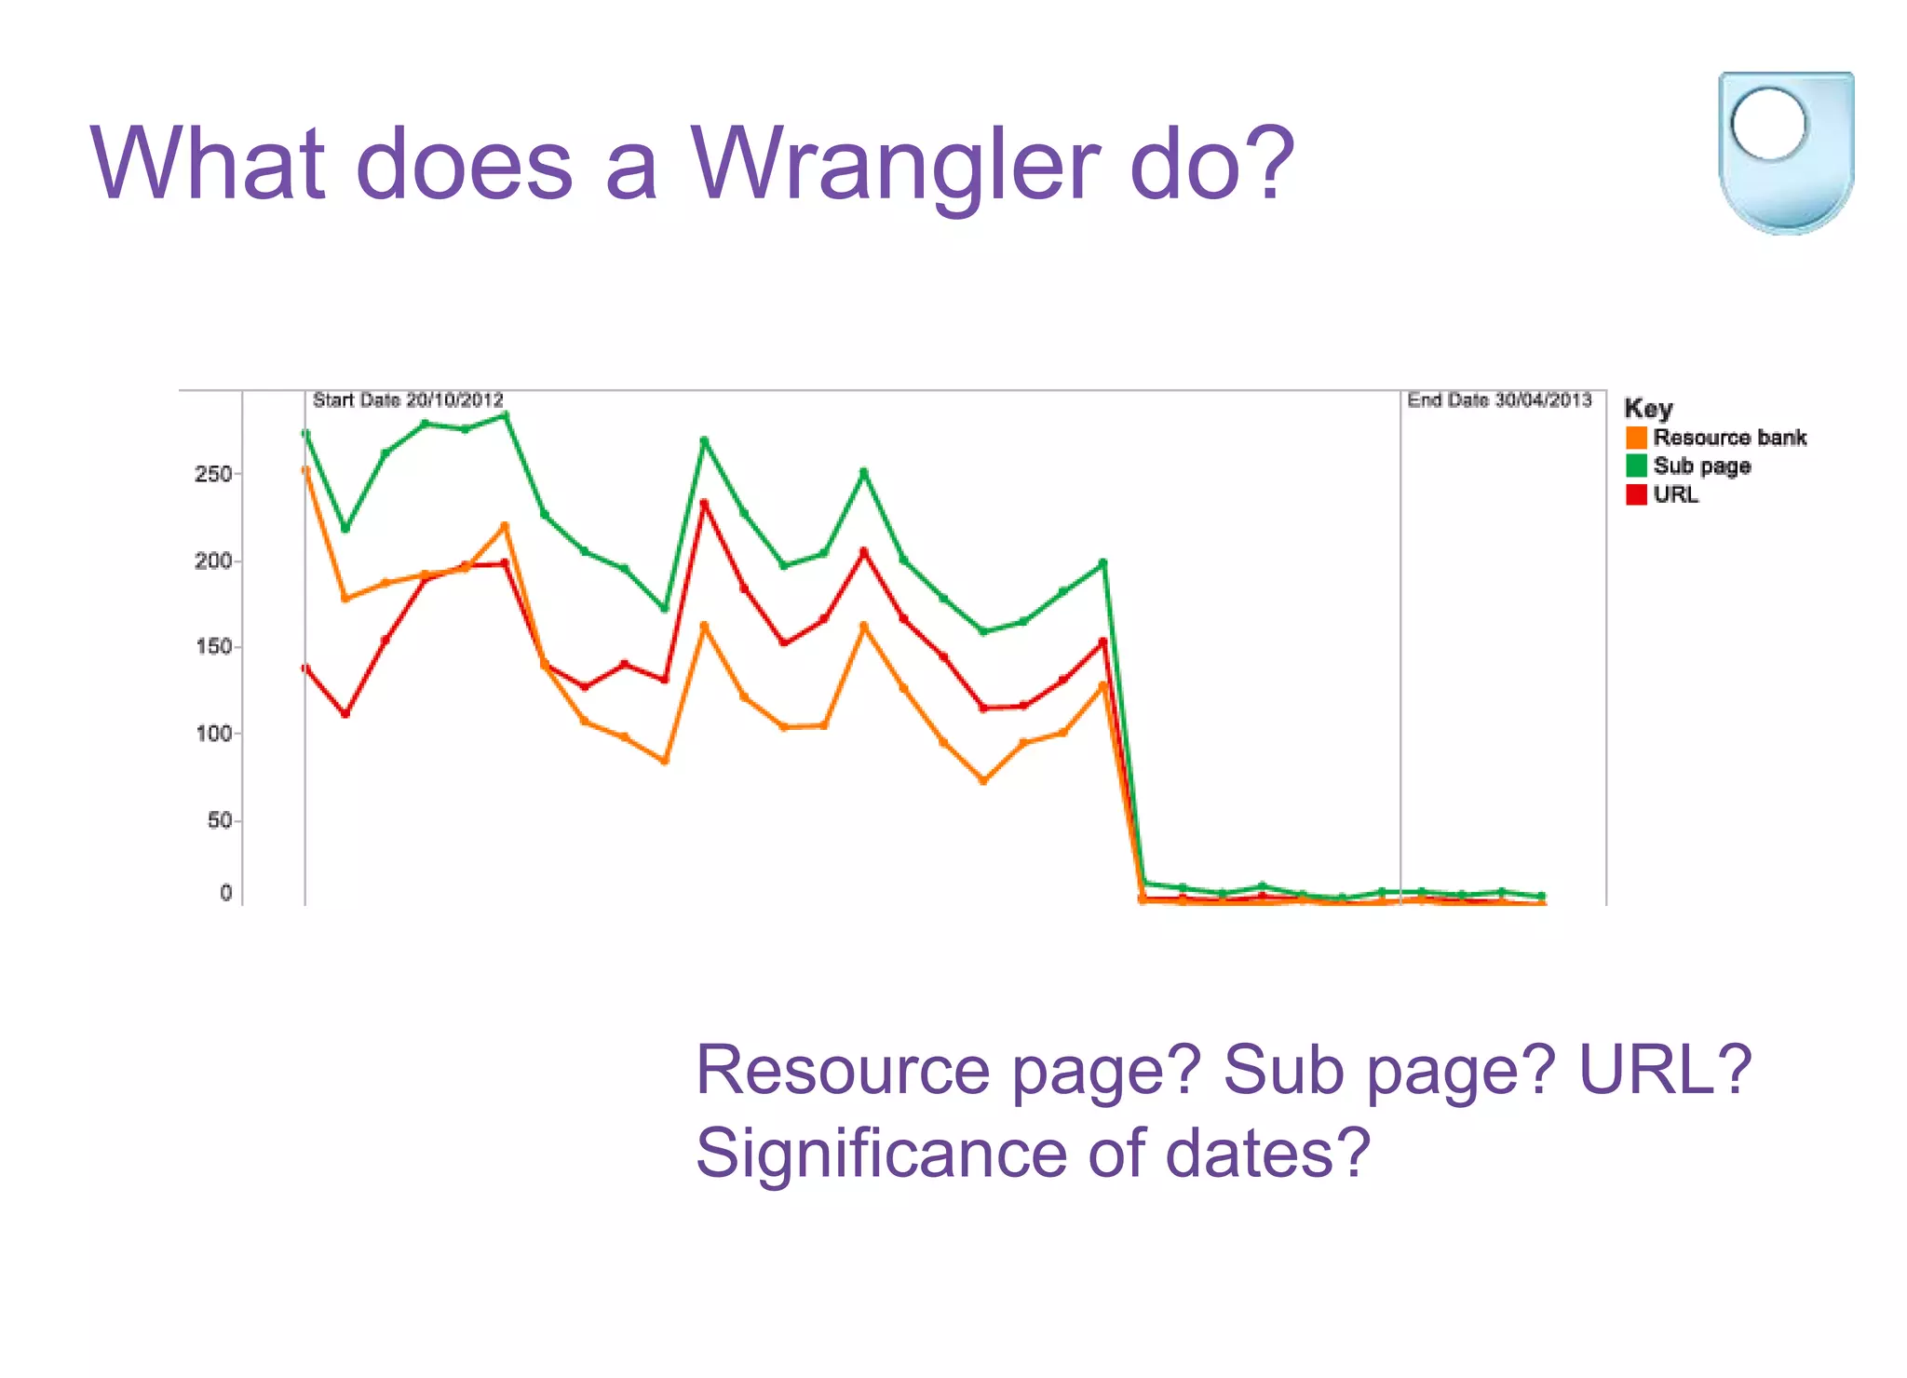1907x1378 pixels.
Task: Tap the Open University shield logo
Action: click(x=1785, y=152)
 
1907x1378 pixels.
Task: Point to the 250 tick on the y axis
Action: click(x=213, y=474)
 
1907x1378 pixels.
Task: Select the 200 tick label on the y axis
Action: click(x=213, y=561)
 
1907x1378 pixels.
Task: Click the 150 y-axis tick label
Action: click(x=213, y=647)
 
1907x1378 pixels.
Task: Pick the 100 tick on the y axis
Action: click(x=213, y=734)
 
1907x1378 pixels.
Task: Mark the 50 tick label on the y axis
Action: click(x=220, y=820)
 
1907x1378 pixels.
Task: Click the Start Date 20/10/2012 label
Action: click(x=408, y=400)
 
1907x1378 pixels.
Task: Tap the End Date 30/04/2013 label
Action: click(x=1499, y=400)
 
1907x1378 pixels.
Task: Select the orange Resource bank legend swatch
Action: click(x=1636, y=438)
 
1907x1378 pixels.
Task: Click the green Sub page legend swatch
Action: click(x=1636, y=466)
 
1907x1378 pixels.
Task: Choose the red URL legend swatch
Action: click(x=1636, y=494)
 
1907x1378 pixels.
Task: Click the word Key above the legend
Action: click(x=1648, y=409)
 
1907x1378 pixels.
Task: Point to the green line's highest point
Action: click(x=505, y=415)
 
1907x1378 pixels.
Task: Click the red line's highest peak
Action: click(x=704, y=504)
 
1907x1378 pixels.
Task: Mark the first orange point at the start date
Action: click(x=305, y=470)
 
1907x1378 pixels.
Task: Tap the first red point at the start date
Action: click(x=305, y=668)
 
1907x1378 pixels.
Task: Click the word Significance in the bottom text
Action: click(x=881, y=1153)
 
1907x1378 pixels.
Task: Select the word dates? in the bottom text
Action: click(x=1267, y=1153)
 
